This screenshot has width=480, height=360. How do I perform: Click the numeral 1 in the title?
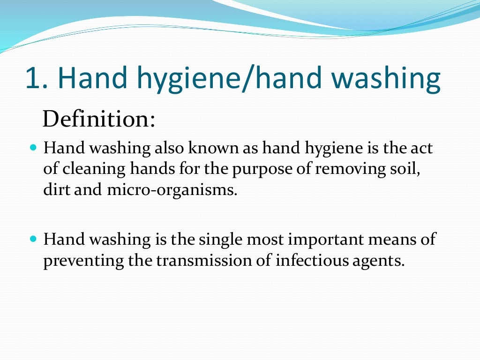point(34,78)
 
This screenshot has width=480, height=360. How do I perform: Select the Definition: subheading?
point(98,119)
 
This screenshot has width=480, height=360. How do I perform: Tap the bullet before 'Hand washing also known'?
point(32,148)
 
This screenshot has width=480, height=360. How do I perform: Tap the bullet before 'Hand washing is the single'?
point(32,239)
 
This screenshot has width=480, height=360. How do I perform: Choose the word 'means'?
point(397,240)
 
